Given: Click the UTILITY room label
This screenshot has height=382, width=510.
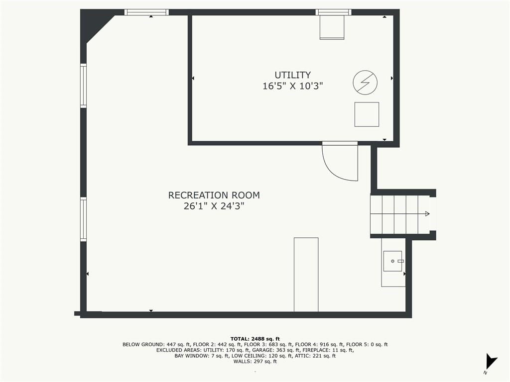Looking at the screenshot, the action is point(293,75).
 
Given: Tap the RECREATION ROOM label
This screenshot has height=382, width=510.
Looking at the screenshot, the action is point(214,195).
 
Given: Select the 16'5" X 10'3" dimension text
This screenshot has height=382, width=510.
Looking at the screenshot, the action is point(293,86).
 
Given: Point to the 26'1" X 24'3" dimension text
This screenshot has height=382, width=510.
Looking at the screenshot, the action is point(214,206).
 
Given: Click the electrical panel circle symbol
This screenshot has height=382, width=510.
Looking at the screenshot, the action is point(365,83).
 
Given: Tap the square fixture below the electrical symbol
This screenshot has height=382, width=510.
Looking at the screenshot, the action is point(367,114).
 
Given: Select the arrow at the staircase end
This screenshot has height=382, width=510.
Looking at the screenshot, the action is point(427,214).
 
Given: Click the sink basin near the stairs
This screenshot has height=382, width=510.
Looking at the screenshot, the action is point(392,261).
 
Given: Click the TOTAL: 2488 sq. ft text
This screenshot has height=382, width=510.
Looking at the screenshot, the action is point(255,339).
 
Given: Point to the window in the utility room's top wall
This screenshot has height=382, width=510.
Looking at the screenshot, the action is point(333,12).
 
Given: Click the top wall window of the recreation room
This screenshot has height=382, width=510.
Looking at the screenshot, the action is point(146,12).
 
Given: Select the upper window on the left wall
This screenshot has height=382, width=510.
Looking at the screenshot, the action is point(84,86).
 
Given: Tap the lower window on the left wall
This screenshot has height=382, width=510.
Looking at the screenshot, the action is point(84,219).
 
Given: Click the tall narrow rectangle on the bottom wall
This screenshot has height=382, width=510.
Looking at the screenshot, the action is point(306,275).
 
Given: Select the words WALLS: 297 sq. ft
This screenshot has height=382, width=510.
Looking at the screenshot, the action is point(255,362).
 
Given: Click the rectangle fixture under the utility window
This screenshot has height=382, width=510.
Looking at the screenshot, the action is point(332,27).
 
